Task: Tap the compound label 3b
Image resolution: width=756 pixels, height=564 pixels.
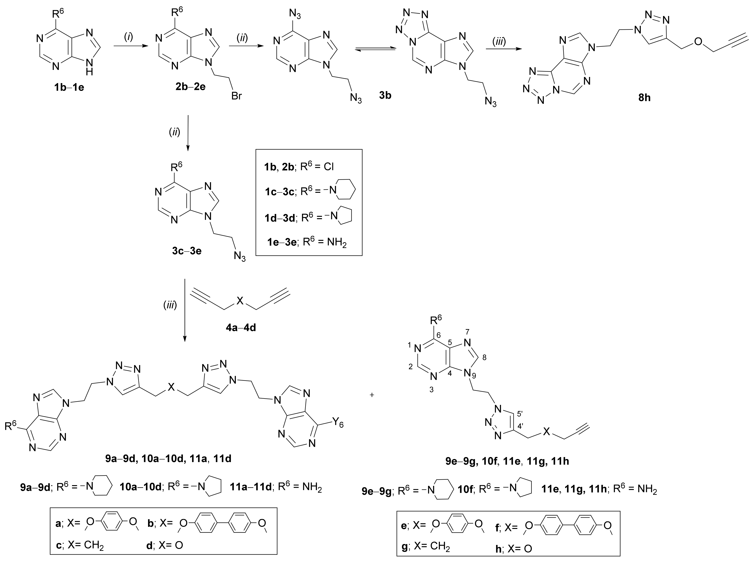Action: tap(385, 96)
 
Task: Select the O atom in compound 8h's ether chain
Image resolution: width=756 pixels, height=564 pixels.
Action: tap(699, 42)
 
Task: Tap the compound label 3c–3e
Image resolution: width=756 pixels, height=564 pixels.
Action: tap(187, 251)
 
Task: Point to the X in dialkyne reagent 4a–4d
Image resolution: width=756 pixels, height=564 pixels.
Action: tap(240, 300)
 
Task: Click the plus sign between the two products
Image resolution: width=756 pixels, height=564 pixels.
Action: tap(372, 395)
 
